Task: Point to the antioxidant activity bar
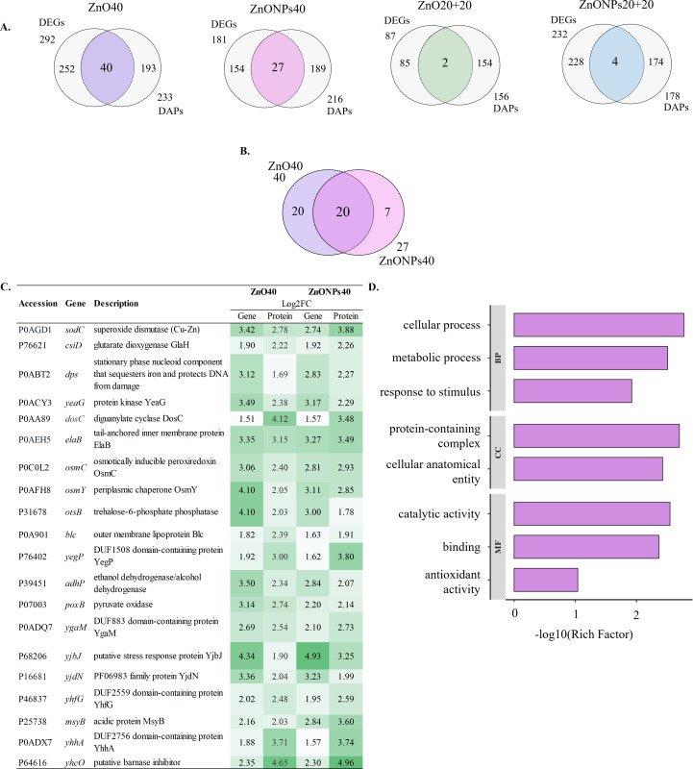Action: pyautogui.click(x=546, y=580)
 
